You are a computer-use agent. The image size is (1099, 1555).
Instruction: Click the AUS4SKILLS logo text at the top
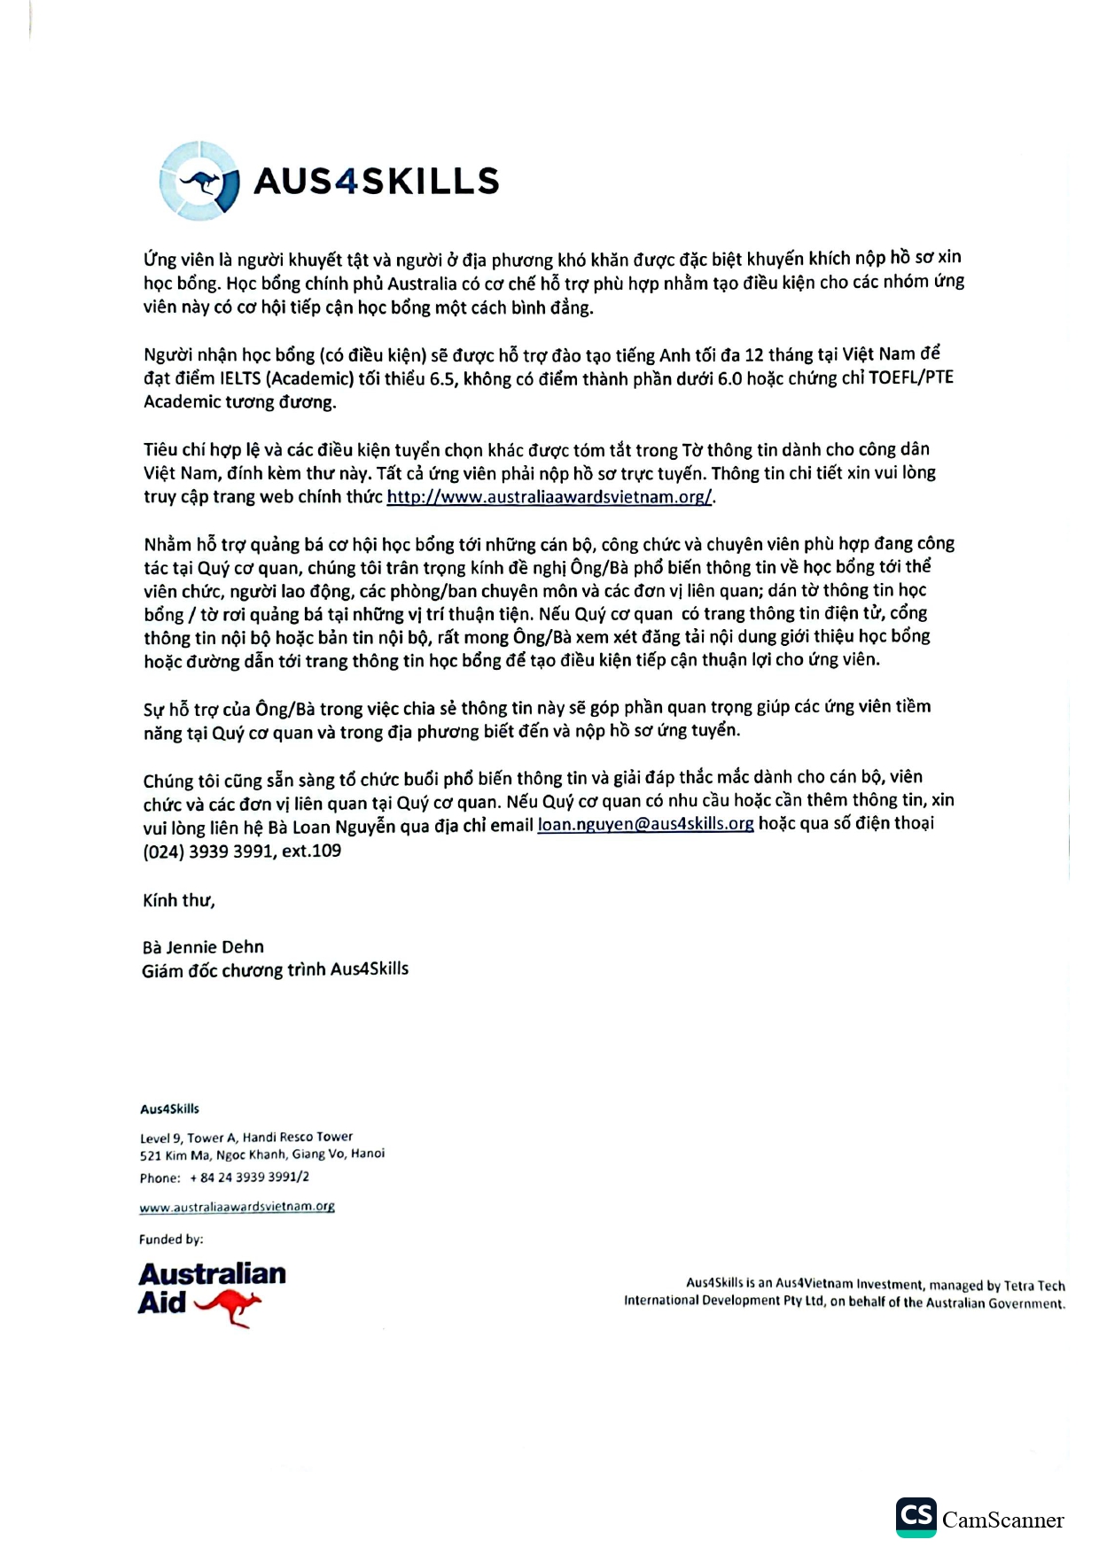tap(377, 182)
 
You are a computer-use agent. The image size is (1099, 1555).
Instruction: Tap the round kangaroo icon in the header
tap(200, 181)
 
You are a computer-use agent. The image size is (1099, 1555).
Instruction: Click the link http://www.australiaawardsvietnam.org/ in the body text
tap(549, 497)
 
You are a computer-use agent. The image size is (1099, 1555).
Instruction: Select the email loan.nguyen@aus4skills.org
tap(645, 824)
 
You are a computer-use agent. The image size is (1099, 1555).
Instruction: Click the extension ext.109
tap(311, 851)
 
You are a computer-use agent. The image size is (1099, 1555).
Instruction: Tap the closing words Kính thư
tap(178, 900)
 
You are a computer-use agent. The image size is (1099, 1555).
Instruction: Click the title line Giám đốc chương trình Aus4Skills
tap(275, 969)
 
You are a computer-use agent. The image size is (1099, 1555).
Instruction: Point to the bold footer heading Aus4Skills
tap(169, 1108)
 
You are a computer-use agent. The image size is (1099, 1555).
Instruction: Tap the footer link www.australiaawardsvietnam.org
tap(237, 1207)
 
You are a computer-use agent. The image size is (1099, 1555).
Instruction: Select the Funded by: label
tap(171, 1240)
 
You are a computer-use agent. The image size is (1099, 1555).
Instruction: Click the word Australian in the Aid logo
tap(212, 1274)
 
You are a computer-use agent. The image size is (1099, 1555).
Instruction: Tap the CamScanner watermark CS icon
tap(916, 1518)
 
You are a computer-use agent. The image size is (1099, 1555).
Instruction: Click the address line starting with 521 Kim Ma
tap(261, 1155)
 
